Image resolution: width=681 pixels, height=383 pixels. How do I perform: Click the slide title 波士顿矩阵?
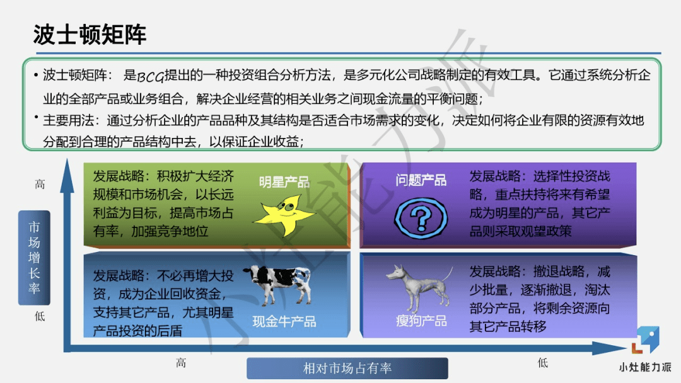(x=90, y=35)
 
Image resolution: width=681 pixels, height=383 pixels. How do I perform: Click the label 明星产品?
(x=284, y=182)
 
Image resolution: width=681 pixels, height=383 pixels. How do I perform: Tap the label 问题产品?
(x=421, y=181)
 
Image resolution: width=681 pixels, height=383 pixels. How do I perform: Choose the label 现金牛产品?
(x=284, y=321)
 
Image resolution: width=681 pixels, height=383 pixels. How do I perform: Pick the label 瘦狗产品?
(x=421, y=321)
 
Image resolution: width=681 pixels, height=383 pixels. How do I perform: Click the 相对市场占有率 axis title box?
(x=347, y=369)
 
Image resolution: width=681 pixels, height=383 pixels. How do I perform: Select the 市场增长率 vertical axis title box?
(x=34, y=258)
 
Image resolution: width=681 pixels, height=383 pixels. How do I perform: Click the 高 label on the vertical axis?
(x=40, y=185)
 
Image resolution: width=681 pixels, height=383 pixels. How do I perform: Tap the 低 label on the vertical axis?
(x=40, y=316)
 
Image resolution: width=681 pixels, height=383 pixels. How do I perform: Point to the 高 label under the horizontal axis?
(x=181, y=363)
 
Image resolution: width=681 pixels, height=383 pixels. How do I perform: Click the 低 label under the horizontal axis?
(x=543, y=363)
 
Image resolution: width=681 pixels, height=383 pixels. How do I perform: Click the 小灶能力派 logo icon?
(x=646, y=341)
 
